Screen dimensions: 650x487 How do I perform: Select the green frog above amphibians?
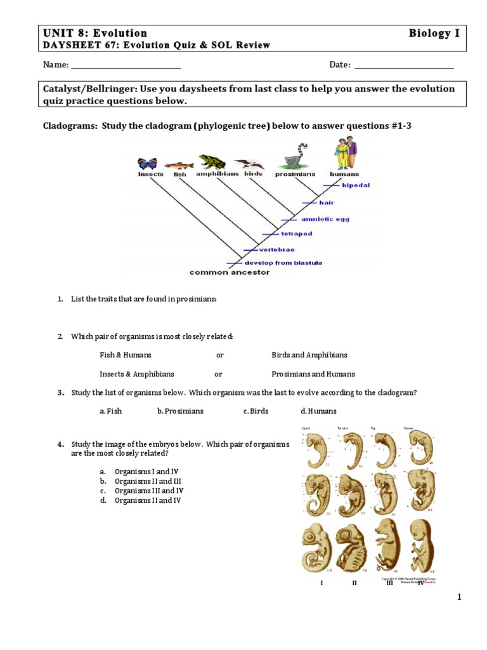point(211,162)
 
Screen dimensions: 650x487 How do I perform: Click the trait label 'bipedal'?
point(356,185)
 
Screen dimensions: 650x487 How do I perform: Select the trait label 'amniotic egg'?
point(325,219)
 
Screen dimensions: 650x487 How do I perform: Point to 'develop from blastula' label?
point(283,262)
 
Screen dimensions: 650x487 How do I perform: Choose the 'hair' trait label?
point(327,202)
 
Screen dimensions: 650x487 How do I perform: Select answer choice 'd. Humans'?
point(318,411)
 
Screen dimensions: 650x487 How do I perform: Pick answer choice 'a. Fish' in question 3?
point(110,411)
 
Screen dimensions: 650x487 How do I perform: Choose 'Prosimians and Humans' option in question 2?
point(313,374)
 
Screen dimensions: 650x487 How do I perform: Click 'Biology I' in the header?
point(434,33)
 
